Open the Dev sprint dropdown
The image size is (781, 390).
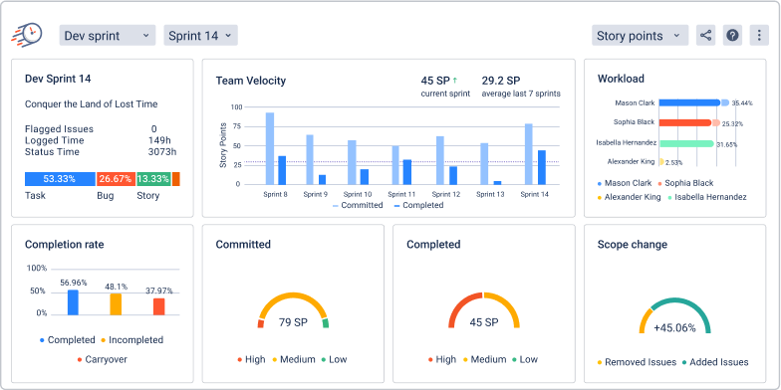coord(107,36)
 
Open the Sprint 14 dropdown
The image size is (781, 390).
coord(200,36)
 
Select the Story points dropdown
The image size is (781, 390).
coord(639,36)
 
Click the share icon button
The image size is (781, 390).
coord(705,36)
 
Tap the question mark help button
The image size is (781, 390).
coord(732,36)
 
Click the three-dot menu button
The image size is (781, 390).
coord(759,36)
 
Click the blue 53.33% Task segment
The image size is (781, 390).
coord(60,179)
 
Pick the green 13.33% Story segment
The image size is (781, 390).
coord(152,179)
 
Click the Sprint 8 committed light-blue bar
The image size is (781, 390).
coord(270,148)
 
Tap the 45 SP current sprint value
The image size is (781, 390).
coord(438,80)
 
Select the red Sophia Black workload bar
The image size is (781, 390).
coord(684,123)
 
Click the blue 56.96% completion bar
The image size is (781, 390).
coord(73,302)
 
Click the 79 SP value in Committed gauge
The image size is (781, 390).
coord(293,321)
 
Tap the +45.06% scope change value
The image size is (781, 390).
coord(672,327)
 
